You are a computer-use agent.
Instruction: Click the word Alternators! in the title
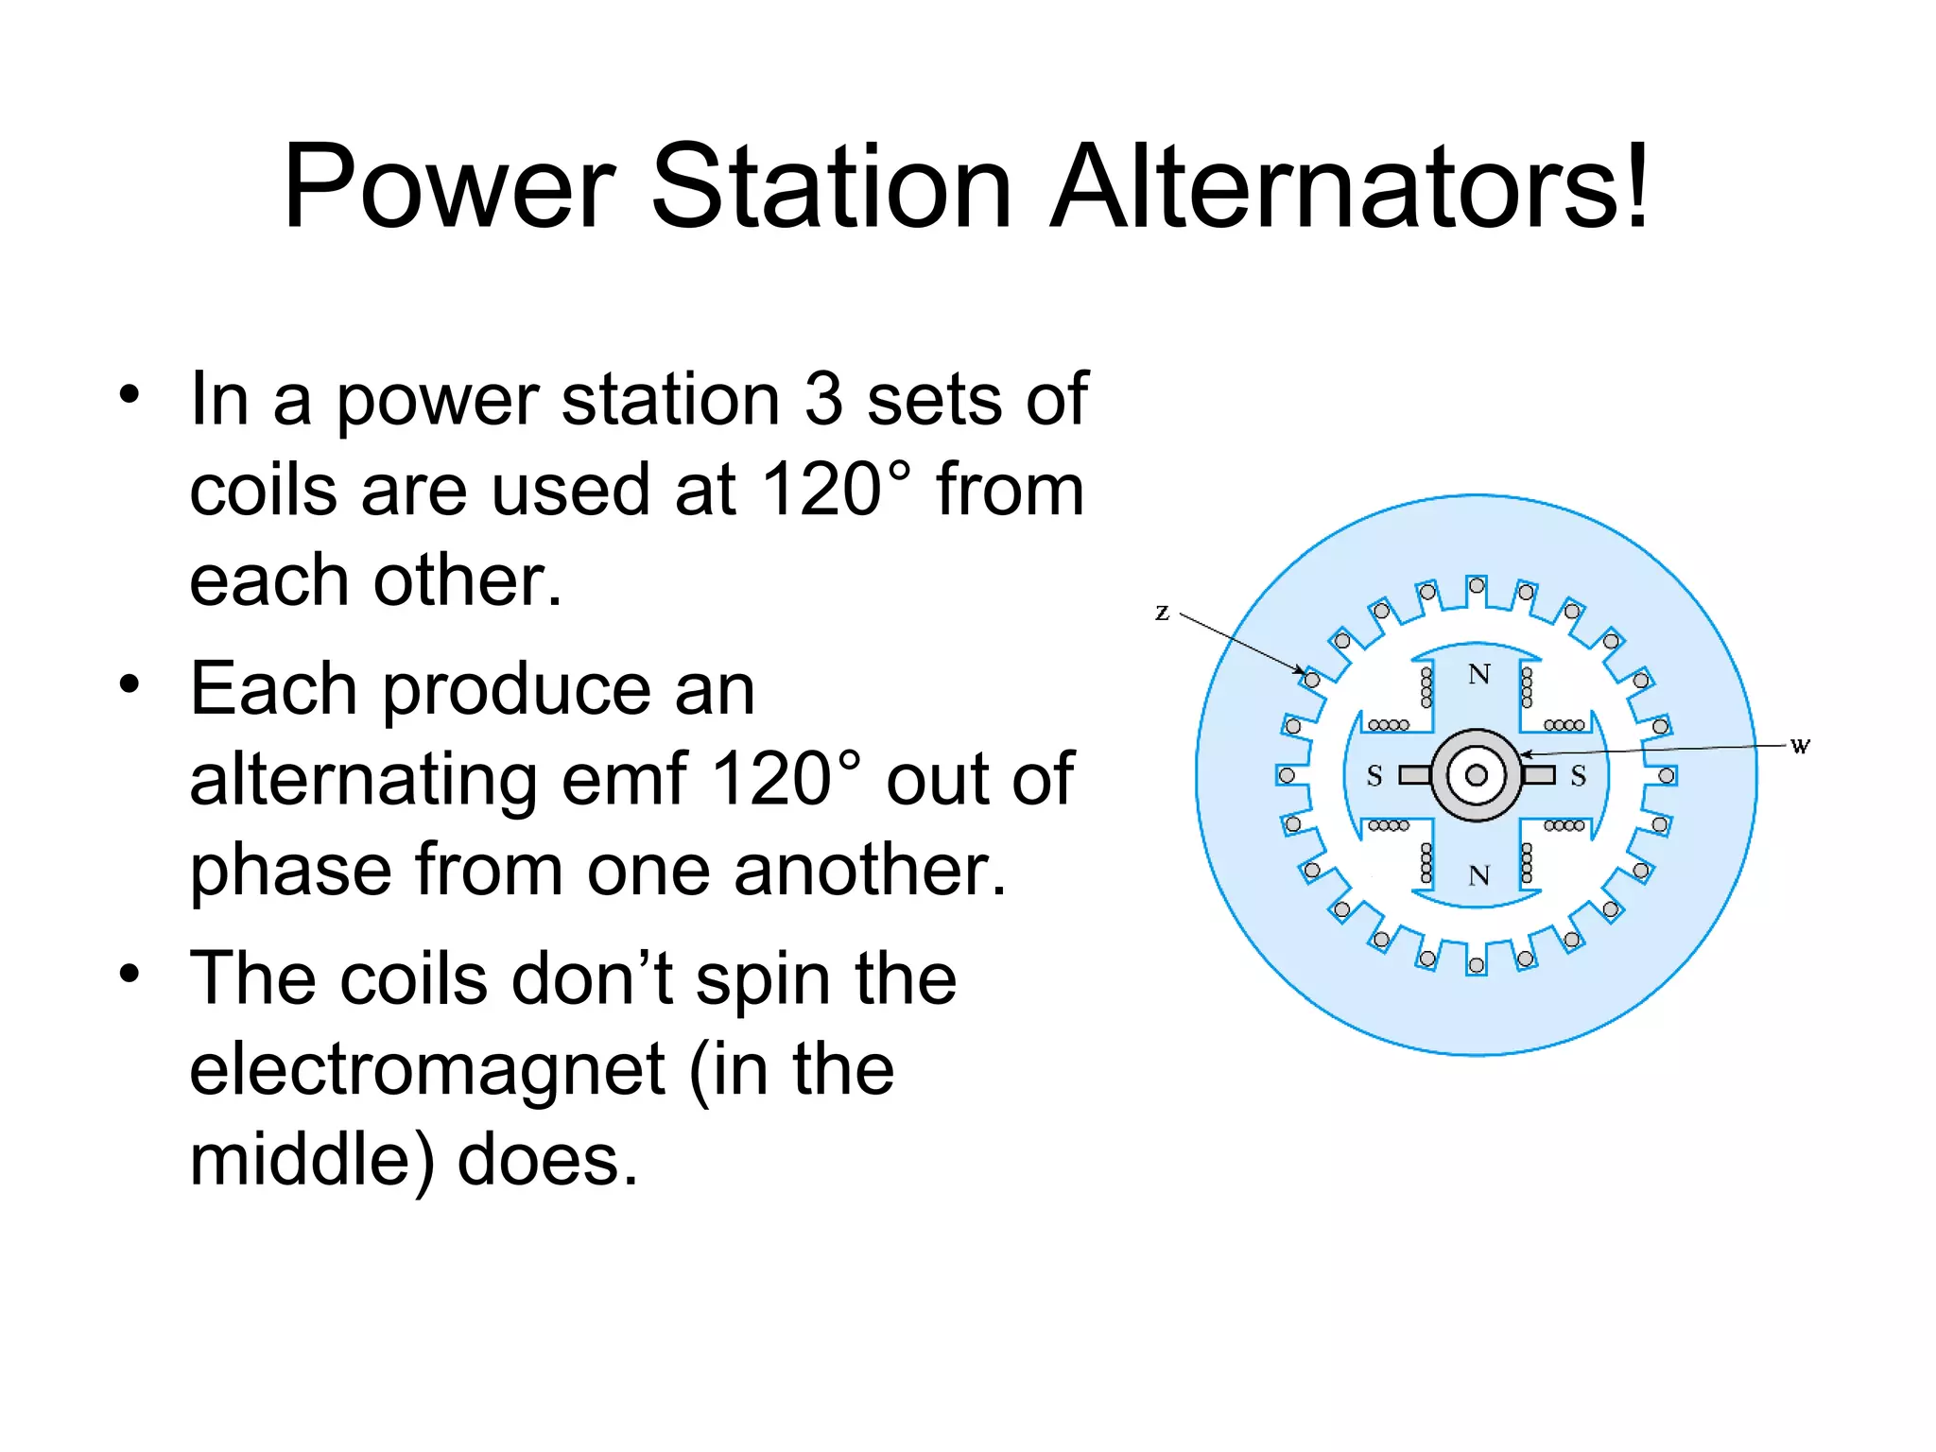(x=1350, y=186)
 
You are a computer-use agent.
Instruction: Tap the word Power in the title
(x=449, y=186)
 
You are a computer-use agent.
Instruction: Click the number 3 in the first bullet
(x=823, y=400)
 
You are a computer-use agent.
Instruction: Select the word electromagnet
(x=427, y=1069)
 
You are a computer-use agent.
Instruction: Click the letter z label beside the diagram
(x=1162, y=613)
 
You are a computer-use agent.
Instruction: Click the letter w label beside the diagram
(x=1800, y=746)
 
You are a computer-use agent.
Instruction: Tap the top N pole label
(x=1479, y=674)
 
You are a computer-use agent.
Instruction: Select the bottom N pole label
(x=1479, y=875)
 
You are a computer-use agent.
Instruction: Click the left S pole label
(x=1374, y=776)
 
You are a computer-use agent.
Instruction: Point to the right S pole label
(x=1578, y=776)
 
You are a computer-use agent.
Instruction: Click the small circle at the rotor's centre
(x=1477, y=776)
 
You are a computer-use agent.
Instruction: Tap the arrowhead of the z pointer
(x=1301, y=670)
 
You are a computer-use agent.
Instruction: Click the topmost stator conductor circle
(x=1477, y=586)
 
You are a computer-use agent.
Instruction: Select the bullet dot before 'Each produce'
(x=130, y=683)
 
